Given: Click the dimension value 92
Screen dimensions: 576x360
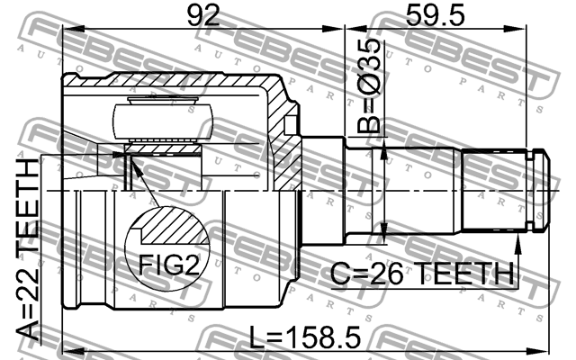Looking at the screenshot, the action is pos(203,15).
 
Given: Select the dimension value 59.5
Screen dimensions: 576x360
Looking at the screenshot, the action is pos(435,15).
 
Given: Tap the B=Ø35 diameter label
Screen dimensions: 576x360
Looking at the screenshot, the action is pos(368,85).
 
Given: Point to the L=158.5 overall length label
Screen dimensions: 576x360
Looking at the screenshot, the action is pos(305,337).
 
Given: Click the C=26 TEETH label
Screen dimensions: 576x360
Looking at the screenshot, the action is pos(422,274).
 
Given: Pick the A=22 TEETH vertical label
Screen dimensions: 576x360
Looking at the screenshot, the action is pos(28,249).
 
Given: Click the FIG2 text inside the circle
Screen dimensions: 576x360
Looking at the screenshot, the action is pos(169,265).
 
